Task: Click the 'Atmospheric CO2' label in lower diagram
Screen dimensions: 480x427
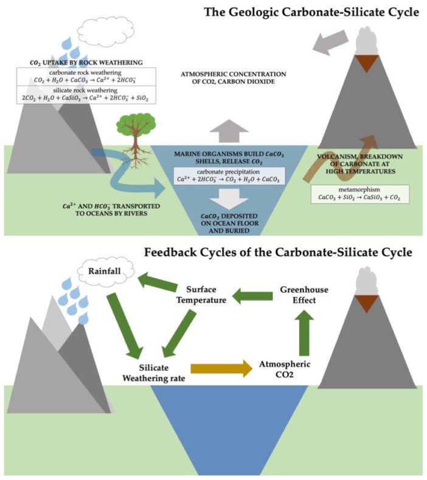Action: (286, 369)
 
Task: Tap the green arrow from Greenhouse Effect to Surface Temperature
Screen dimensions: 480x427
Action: (252, 297)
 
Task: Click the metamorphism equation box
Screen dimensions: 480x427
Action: (359, 194)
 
